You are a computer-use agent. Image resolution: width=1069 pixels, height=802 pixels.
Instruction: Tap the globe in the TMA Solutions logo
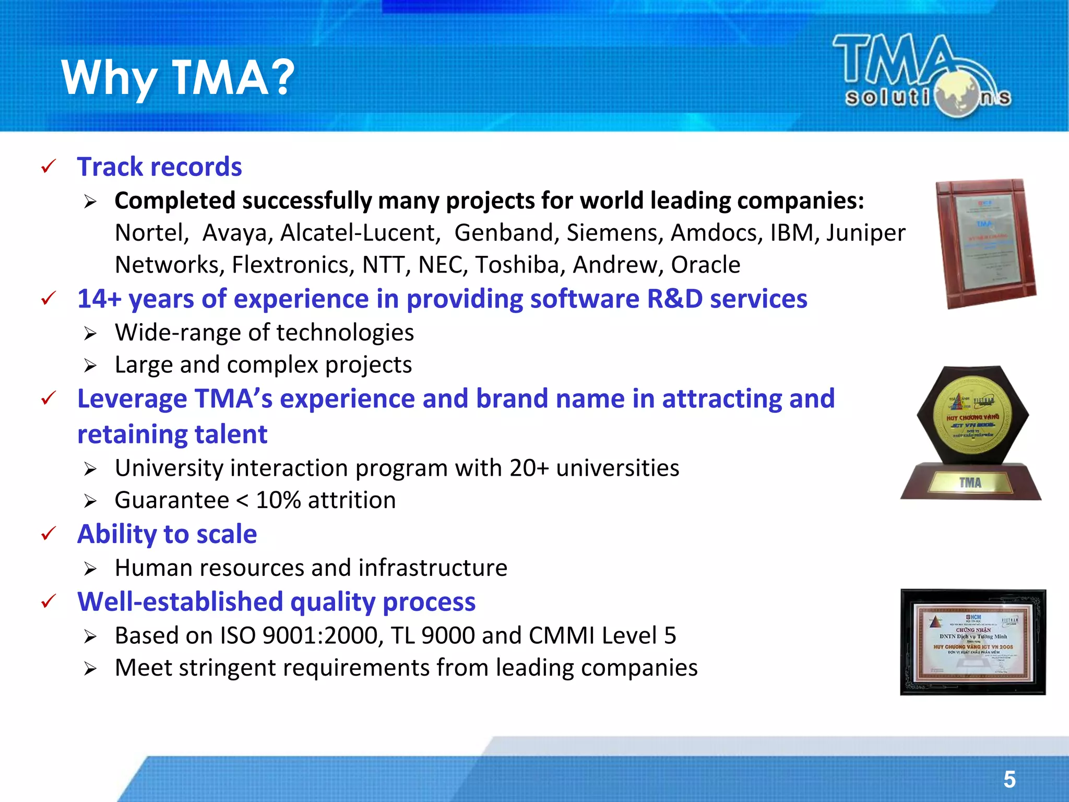coord(957,95)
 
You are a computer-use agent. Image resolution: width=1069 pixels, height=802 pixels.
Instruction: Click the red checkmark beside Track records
coord(48,167)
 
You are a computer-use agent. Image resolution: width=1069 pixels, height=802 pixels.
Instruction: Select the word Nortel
coord(151,233)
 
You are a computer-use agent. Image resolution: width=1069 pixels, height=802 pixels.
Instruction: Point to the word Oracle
coord(705,265)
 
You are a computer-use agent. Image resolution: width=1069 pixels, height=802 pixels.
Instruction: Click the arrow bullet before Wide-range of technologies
coord(90,334)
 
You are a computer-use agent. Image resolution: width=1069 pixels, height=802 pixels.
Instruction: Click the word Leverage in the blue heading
coord(132,399)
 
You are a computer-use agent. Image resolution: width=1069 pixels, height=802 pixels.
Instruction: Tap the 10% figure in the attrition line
coord(278,500)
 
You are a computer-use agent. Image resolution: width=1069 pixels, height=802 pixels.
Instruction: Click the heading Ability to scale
coord(167,534)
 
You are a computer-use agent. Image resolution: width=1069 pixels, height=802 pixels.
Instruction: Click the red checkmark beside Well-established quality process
coord(48,601)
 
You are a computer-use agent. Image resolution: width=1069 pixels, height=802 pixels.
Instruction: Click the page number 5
coord(1009,780)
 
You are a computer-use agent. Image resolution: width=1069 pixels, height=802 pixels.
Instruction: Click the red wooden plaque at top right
coord(984,243)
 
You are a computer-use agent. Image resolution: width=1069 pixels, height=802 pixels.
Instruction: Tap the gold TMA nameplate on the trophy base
coord(970,482)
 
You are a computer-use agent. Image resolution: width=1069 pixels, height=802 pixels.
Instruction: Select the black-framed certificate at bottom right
coord(973,642)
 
